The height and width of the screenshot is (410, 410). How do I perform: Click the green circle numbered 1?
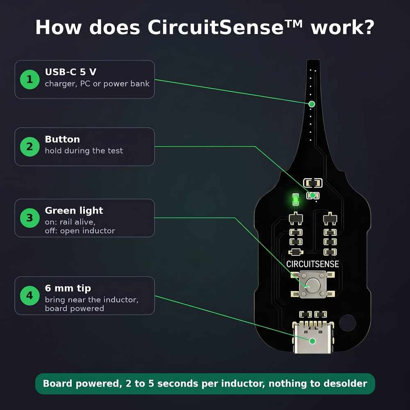30,80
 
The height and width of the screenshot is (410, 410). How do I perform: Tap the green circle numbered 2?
30,147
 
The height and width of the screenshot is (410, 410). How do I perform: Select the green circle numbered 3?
30,218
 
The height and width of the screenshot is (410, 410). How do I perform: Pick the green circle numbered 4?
30,296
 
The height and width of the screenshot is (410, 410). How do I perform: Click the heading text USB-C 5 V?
71,72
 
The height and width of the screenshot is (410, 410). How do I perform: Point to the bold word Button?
62,139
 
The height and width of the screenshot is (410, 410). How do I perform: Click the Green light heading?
74,210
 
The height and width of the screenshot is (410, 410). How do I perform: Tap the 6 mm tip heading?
68,288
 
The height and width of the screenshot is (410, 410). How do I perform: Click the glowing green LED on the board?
296,200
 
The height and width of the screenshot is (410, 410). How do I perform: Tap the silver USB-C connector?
313,337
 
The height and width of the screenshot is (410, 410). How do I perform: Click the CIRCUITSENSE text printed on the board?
312,264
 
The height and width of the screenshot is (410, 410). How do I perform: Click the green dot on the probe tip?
312,104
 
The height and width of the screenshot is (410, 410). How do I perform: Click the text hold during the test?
84,151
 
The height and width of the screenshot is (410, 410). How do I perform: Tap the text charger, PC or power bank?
97,84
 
